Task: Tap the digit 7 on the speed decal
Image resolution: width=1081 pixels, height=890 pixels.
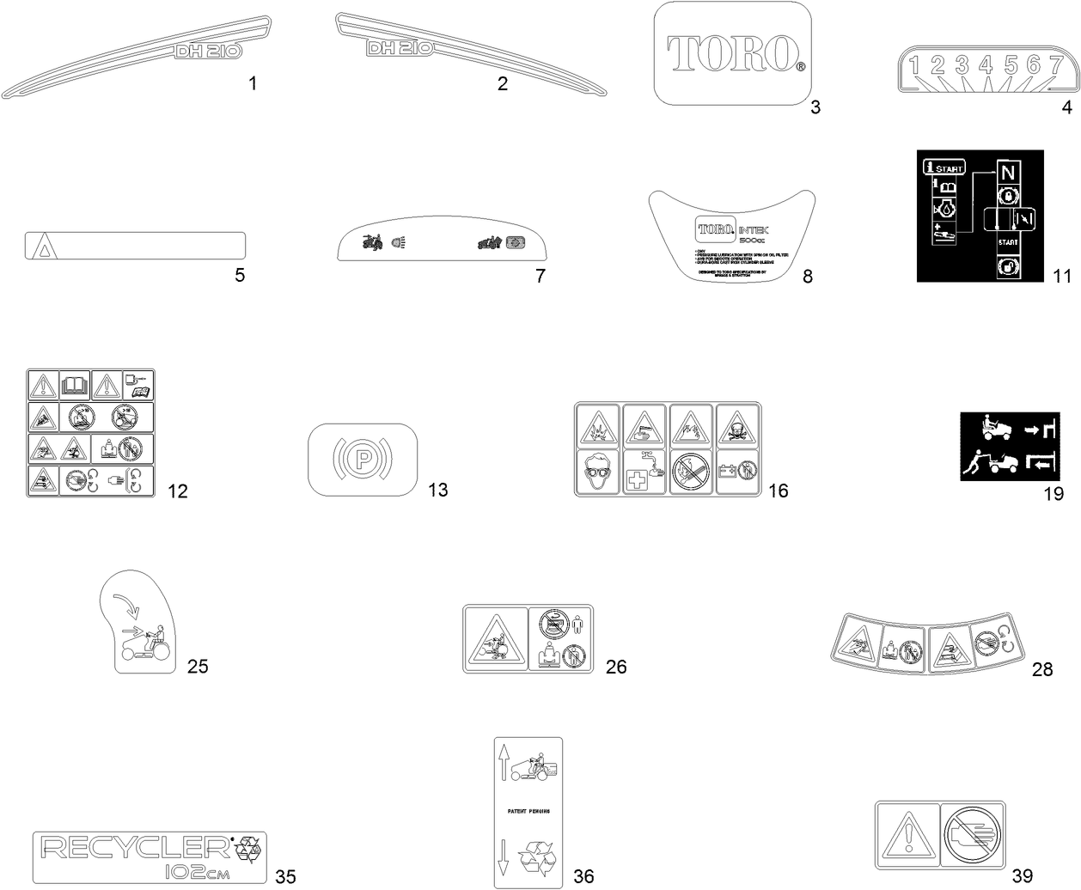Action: click(1057, 64)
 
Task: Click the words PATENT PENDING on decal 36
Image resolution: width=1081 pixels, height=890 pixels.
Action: click(525, 811)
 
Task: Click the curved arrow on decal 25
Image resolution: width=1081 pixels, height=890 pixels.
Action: click(125, 606)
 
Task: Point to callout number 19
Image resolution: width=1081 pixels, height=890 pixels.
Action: click(1054, 494)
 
